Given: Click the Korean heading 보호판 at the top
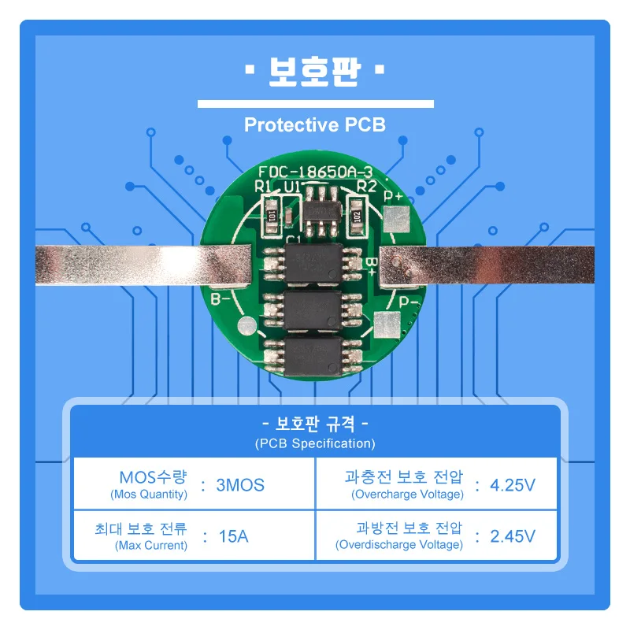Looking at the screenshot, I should click(x=314, y=72).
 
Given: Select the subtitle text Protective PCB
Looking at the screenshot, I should click(x=314, y=124).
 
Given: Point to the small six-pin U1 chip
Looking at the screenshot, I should click(x=322, y=211).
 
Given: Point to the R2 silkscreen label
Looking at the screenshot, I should click(x=366, y=186).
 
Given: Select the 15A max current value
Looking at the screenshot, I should click(x=233, y=536).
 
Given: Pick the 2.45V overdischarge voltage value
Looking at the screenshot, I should click(x=513, y=536).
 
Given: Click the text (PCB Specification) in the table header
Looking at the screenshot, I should click(x=315, y=443).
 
